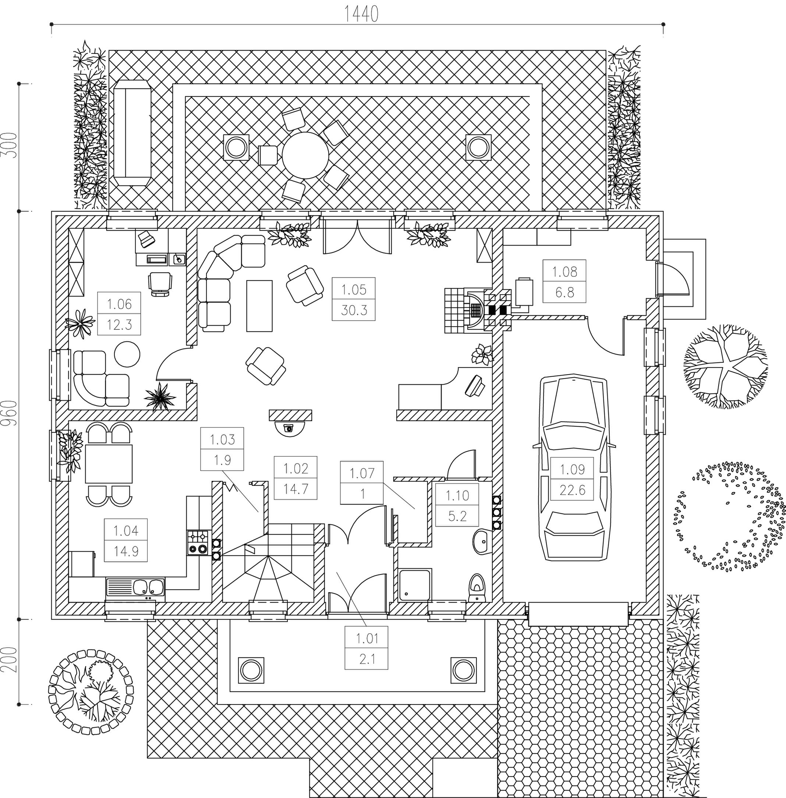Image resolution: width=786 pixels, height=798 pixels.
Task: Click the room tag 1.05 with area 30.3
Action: pyautogui.click(x=354, y=299)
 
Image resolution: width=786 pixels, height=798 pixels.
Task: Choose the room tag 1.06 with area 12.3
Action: pyautogui.click(x=119, y=314)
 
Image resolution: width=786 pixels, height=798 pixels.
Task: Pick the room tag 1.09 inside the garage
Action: pyautogui.click(x=572, y=479)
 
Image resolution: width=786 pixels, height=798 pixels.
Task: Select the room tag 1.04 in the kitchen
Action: pyautogui.click(x=126, y=540)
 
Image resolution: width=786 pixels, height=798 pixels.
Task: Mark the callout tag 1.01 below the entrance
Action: pyautogui.click(x=367, y=648)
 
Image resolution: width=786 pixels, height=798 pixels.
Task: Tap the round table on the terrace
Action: pyautogui.click(x=305, y=155)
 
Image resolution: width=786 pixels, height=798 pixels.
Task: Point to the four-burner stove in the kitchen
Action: pyautogui.click(x=198, y=543)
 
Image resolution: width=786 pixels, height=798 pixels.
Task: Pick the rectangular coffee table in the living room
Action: pyautogui.click(x=259, y=306)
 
